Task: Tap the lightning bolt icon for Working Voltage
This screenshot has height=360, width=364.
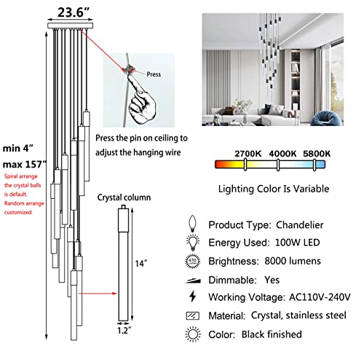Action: [x=194, y=297]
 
